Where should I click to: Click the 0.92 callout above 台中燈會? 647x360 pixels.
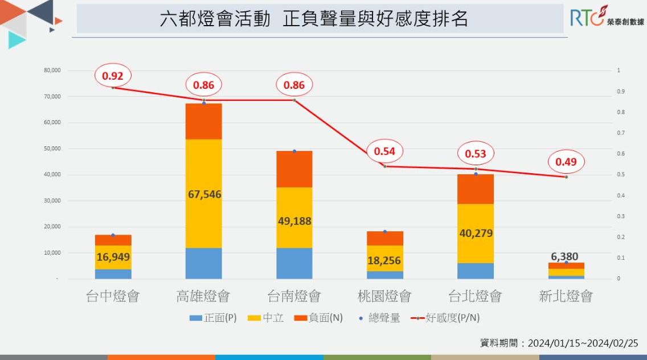[113, 75]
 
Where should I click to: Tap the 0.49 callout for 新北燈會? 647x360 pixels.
[566, 162]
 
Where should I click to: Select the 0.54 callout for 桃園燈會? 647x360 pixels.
[384, 152]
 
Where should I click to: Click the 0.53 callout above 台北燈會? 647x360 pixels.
[476, 154]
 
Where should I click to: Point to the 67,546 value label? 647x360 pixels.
[204, 194]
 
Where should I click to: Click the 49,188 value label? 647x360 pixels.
[294, 221]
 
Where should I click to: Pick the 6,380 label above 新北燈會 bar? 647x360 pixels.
[565, 257]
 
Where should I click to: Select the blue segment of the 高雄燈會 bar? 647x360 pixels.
[204, 263]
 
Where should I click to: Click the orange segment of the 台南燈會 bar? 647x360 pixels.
[294, 169]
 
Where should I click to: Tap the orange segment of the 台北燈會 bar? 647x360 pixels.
[476, 189]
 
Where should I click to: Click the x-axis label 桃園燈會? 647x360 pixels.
[384, 296]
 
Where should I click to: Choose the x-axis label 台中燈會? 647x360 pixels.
[113, 296]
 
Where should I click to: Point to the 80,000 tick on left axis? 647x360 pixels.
[52, 71]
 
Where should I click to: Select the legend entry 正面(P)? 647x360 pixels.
[213, 318]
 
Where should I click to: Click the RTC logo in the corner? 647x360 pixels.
[606, 17]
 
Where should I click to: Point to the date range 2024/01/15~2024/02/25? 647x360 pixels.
[583, 343]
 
